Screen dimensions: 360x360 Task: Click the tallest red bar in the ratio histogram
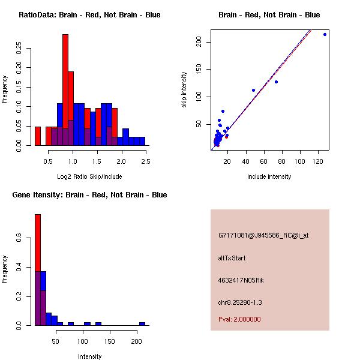coord(65,90)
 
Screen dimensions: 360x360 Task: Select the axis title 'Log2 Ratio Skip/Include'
coord(89,176)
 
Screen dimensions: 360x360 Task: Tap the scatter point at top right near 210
coord(325,34)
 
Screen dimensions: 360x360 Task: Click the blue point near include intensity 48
coord(253,90)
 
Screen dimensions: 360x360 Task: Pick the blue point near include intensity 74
coord(276,82)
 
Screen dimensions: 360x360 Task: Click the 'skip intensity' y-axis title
coord(185,90)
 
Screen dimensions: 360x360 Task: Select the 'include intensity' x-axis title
coord(269,176)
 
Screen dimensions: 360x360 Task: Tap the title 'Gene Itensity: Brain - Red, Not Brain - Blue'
coord(89,195)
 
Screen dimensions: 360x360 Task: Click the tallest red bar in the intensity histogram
coord(37,270)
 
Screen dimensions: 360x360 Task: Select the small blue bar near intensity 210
coord(142,323)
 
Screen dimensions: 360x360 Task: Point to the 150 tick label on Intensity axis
coord(110,341)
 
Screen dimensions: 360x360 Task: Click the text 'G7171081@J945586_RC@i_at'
coord(263,236)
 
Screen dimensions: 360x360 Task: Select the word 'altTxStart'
coord(232,258)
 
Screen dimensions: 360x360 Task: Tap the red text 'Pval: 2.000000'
coord(239,319)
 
